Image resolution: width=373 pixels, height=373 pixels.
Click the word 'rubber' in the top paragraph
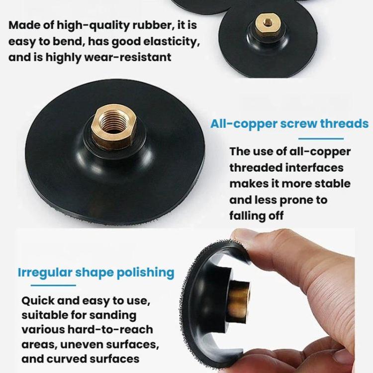point(152,25)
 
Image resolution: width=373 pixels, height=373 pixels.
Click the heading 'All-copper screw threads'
point(289,124)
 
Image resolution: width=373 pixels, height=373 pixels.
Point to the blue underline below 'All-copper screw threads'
point(321,138)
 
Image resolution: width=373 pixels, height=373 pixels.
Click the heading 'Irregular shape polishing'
point(96,273)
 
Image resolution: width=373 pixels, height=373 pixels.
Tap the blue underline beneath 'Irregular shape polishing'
point(53,285)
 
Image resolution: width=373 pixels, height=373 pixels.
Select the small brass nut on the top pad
point(268,24)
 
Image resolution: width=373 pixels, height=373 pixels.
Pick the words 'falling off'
point(257,216)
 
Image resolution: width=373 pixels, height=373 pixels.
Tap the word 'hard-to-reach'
point(110,330)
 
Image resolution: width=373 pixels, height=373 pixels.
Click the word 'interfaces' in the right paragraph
point(314,168)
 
